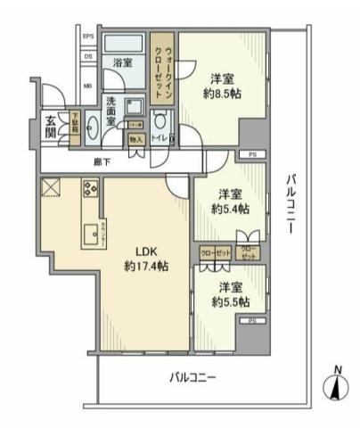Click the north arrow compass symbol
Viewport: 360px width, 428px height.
pos(335,387)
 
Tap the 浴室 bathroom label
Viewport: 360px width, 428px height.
pos(122,62)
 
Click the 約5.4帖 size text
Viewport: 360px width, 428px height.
pos(231,209)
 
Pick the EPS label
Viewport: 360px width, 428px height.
pos(88,37)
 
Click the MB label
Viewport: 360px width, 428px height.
pos(88,86)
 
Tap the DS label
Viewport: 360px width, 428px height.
pos(88,56)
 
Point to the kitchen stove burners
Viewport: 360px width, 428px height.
pos(90,189)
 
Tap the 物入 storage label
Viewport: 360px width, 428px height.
pos(135,139)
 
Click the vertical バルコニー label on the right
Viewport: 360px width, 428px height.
pos(290,203)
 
